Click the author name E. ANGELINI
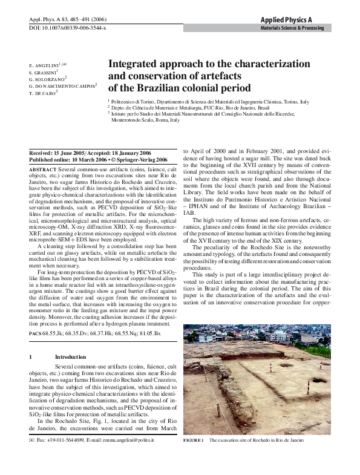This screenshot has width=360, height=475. [48, 64]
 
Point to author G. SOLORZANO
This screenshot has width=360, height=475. [47, 79]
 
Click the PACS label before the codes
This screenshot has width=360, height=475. [35, 333]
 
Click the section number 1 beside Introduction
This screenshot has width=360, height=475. [30, 357]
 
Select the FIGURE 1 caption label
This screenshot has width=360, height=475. [194, 441]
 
